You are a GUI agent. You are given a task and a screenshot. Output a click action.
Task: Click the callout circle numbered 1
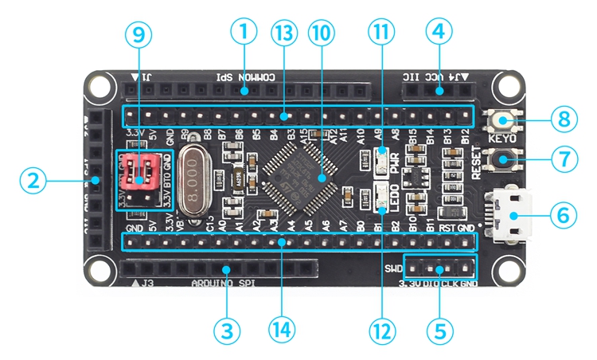coord(244,33)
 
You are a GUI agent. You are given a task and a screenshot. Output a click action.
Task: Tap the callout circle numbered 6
coord(564,215)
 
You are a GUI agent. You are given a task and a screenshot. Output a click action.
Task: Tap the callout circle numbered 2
coord(32,182)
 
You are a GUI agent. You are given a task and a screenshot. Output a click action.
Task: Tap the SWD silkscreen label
coord(393,268)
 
